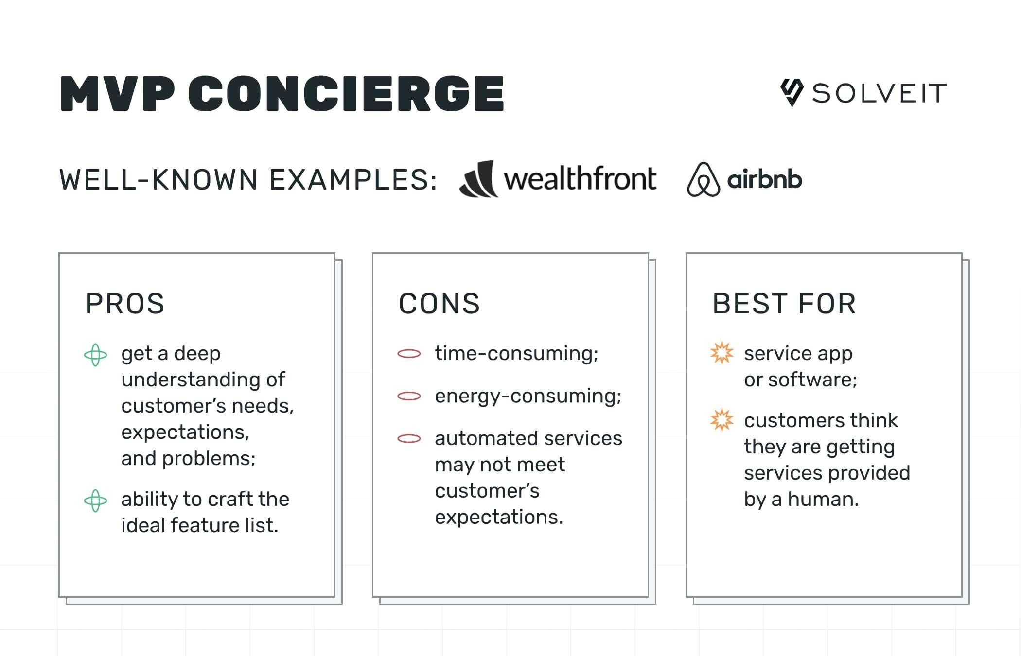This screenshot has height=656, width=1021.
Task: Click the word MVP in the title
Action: pyautogui.click(x=117, y=93)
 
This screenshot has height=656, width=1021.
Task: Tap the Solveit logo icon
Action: pyautogui.click(x=792, y=92)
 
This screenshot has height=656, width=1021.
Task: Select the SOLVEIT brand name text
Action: pyautogui.click(x=879, y=93)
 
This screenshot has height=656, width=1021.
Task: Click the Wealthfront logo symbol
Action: pyautogui.click(x=479, y=179)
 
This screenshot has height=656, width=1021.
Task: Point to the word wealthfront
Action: pyautogui.click(x=580, y=178)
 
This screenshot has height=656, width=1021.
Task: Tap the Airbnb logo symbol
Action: pyautogui.click(x=703, y=180)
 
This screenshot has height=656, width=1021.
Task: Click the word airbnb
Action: pyautogui.click(x=764, y=180)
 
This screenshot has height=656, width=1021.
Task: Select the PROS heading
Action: pyautogui.click(x=125, y=304)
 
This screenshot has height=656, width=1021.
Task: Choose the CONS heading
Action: pyautogui.click(x=439, y=304)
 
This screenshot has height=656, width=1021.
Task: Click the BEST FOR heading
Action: pyautogui.click(x=784, y=304)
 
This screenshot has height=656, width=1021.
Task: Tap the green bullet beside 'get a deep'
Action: pyautogui.click(x=95, y=355)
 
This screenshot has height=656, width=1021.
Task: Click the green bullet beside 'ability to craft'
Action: pyautogui.click(x=95, y=501)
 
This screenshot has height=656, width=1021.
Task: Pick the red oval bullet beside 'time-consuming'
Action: pyautogui.click(x=409, y=354)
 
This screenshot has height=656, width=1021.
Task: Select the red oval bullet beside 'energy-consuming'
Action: pyautogui.click(x=409, y=397)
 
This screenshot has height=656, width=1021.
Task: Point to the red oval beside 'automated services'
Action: pyautogui.click(x=409, y=439)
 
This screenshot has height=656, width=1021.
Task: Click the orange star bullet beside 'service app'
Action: pyautogui.click(x=722, y=353)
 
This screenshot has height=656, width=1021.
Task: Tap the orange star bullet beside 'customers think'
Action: pyautogui.click(x=722, y=420)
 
